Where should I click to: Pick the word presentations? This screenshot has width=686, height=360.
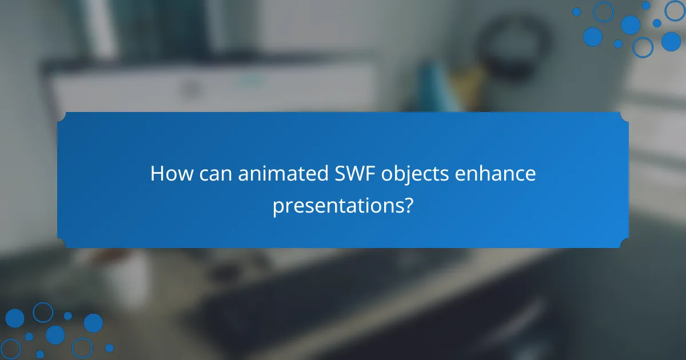click(x=337, y=205)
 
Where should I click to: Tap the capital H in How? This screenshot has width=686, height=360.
click(x=157, y=174)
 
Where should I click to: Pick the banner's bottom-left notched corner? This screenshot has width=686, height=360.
click(x=61, y=244)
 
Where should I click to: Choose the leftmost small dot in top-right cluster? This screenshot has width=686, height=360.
click(x=576, y=12)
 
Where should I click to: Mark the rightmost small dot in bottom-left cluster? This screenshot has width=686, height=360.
click(x=109, y=347)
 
